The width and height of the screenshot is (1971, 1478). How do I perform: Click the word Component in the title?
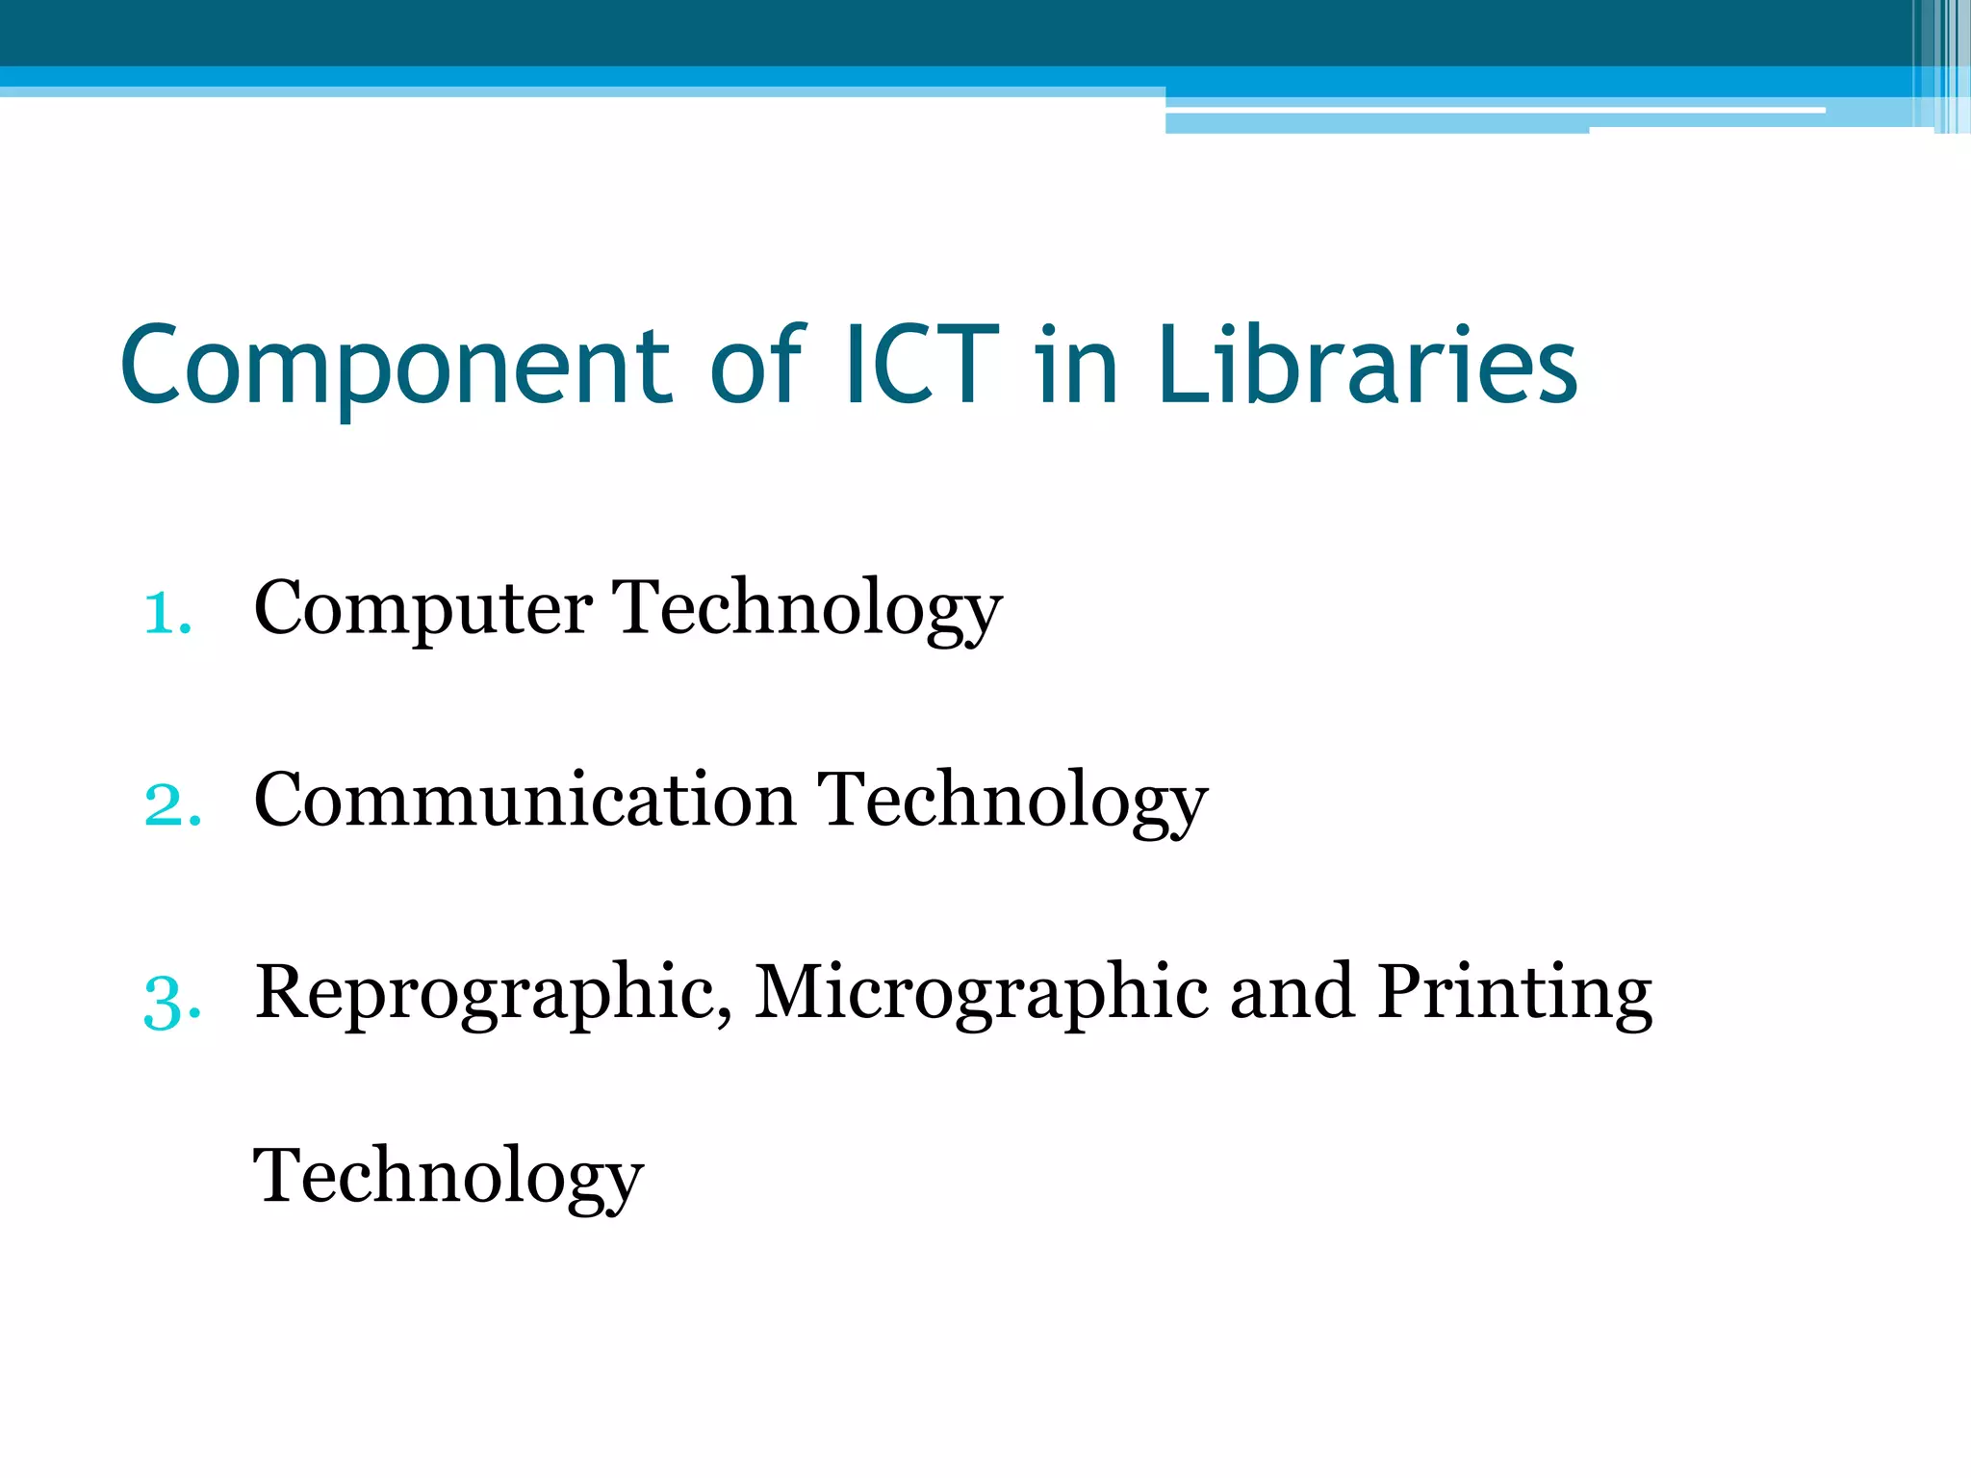pyautogui.click(x=395, y=367)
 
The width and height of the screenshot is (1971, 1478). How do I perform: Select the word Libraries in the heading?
pyautogui.click(x=1368, y=365)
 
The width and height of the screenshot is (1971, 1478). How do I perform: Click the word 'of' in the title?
pyautogui.click(x=756, y=365)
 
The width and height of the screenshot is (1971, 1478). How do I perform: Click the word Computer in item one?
pyautogui.click(x=422, y=609)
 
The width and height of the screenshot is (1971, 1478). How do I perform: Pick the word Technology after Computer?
pyautogui.click(x=807, y=609)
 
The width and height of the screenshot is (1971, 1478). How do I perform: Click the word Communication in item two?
pyautogui.click(x=525, y=801)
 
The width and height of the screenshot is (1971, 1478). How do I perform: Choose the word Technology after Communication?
pyautogui.click(x=1012, y=801)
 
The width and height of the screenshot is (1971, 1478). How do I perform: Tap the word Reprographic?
pyautogui.click(x=486, y=994)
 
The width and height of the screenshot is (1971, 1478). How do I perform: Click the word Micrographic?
pyautogui.click(x=981, y=994)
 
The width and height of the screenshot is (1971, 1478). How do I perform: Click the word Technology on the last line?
pyautogui.click(x=448, y=1177)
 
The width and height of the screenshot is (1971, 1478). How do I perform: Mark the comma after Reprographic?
pyautogui.click(x=725, y=1016)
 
